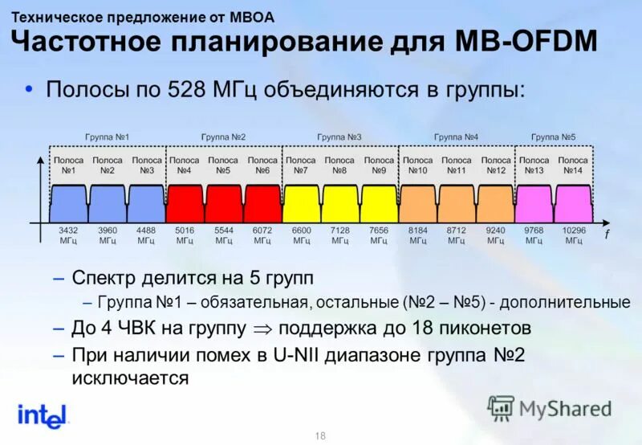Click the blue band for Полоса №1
point(69,203)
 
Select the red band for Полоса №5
point(224,203)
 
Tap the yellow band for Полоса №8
point(340,203)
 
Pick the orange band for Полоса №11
point(457,203)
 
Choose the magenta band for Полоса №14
point(573,203)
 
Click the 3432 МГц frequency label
point(69,235)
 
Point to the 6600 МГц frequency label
point(302,235)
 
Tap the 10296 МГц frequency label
point(573,235)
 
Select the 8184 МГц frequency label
point(418,235)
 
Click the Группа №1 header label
point(108,137)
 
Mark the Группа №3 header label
point(340,137)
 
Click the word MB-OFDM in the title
point(526,39)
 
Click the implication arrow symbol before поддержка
point(262,329)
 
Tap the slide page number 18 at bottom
point(321,435)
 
